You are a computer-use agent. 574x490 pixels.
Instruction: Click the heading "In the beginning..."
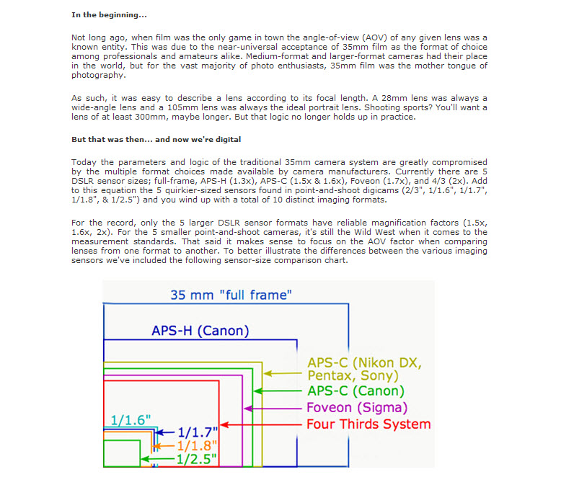coord(109,15)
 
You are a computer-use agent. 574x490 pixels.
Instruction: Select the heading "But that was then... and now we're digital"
coord(156,139)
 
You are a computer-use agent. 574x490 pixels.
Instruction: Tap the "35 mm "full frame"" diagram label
coord(231,295)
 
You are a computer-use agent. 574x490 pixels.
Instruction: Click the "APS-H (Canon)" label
coord(200,331)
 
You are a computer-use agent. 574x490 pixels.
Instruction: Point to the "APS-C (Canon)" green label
coord(356,391)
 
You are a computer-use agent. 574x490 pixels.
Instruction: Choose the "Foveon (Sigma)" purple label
coord(357,408)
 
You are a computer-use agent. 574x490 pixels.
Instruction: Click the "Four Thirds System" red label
coord(368,424)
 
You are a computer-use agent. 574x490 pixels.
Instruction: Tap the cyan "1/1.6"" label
coord(131,420)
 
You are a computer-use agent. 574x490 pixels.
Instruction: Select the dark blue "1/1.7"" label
coord(198,432)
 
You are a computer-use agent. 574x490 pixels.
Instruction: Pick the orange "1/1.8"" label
coord(197,446)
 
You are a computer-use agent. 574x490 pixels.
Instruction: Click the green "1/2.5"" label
coord(197,459)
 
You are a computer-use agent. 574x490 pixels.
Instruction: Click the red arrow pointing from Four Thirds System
coord(261,425)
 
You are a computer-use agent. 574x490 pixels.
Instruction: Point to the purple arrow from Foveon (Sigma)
coord(273,409)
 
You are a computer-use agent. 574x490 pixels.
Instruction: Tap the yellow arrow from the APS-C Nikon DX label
coord(283,374)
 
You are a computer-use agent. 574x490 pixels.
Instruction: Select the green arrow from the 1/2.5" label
coord(158,459)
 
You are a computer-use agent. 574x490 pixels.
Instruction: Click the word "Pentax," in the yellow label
coord(332,376)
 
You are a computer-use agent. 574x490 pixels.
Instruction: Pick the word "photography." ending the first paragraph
coord(99,76)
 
